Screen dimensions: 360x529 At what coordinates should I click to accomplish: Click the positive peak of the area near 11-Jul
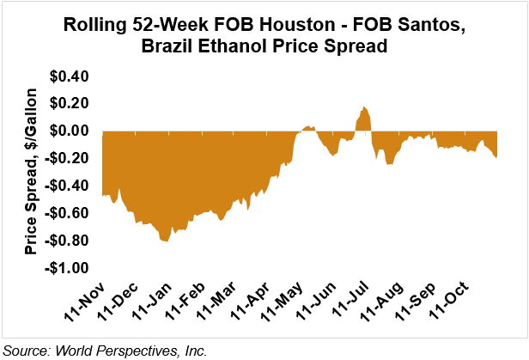pos(364,107)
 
